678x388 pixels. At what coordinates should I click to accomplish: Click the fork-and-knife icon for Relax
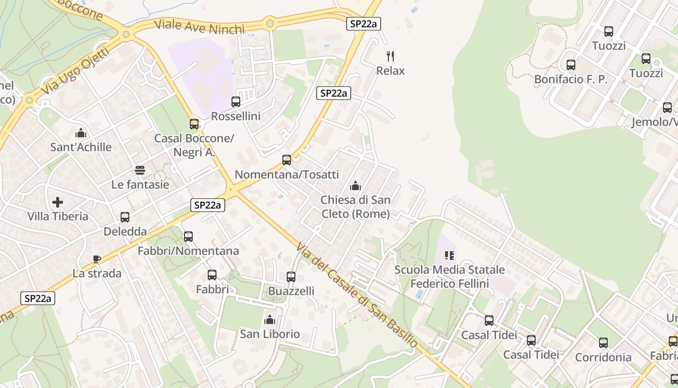(x=390, y=56)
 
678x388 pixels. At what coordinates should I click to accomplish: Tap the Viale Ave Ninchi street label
(x=199, y=27)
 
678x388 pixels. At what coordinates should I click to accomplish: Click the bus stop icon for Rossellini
(x=236, y=102)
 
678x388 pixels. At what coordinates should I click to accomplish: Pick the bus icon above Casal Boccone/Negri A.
(x=194, y=124)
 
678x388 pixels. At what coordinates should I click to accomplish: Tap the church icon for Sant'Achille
(x=81, y=133)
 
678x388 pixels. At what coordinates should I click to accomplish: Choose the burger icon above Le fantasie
(x=140, y=170)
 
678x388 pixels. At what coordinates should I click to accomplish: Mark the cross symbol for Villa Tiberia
(x=58, y=202)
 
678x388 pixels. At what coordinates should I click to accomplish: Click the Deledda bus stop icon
(x=125, y=217)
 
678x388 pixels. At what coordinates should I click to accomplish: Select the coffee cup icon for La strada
(x=96, y=259)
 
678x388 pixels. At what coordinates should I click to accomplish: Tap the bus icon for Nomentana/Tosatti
(x=287, y=160)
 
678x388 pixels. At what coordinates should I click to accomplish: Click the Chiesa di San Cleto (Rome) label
(x=355, y=207)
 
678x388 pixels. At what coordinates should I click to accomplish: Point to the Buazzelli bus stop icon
(x=291, y=277)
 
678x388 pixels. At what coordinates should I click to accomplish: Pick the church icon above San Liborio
(x=270, y=320)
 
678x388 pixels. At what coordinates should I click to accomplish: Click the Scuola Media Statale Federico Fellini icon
(x=449, y=255)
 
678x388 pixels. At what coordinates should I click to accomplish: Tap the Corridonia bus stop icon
(x=603, y=343)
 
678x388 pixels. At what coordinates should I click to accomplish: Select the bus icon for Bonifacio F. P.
(x=571, y=65)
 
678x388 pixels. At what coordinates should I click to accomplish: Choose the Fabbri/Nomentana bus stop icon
(x=188, y=237)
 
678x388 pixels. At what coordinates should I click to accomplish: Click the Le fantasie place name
(x=140, y=184)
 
